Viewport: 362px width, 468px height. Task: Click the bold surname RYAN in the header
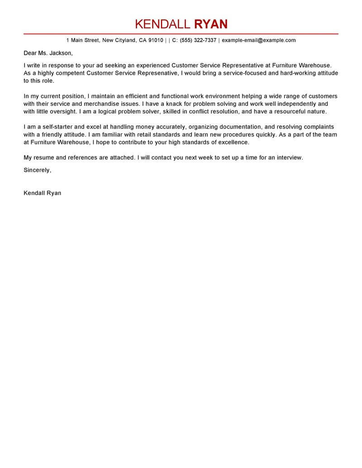click(x=211, y=24)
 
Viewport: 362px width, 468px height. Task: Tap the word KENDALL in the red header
click(x=163, y=24)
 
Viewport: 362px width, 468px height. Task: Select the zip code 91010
click(x=155, y=40)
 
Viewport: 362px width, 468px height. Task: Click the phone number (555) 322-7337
click(x=198, y=40)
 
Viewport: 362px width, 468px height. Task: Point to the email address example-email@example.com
click(x=258, y=40)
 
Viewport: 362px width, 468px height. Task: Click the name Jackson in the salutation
click(x=58, y=52)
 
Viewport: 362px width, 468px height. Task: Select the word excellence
click(x=231, y=142)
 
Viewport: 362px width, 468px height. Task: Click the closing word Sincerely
click(x=37, y=170)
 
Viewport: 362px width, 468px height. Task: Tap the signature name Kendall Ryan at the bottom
click(x=42, y=193)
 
